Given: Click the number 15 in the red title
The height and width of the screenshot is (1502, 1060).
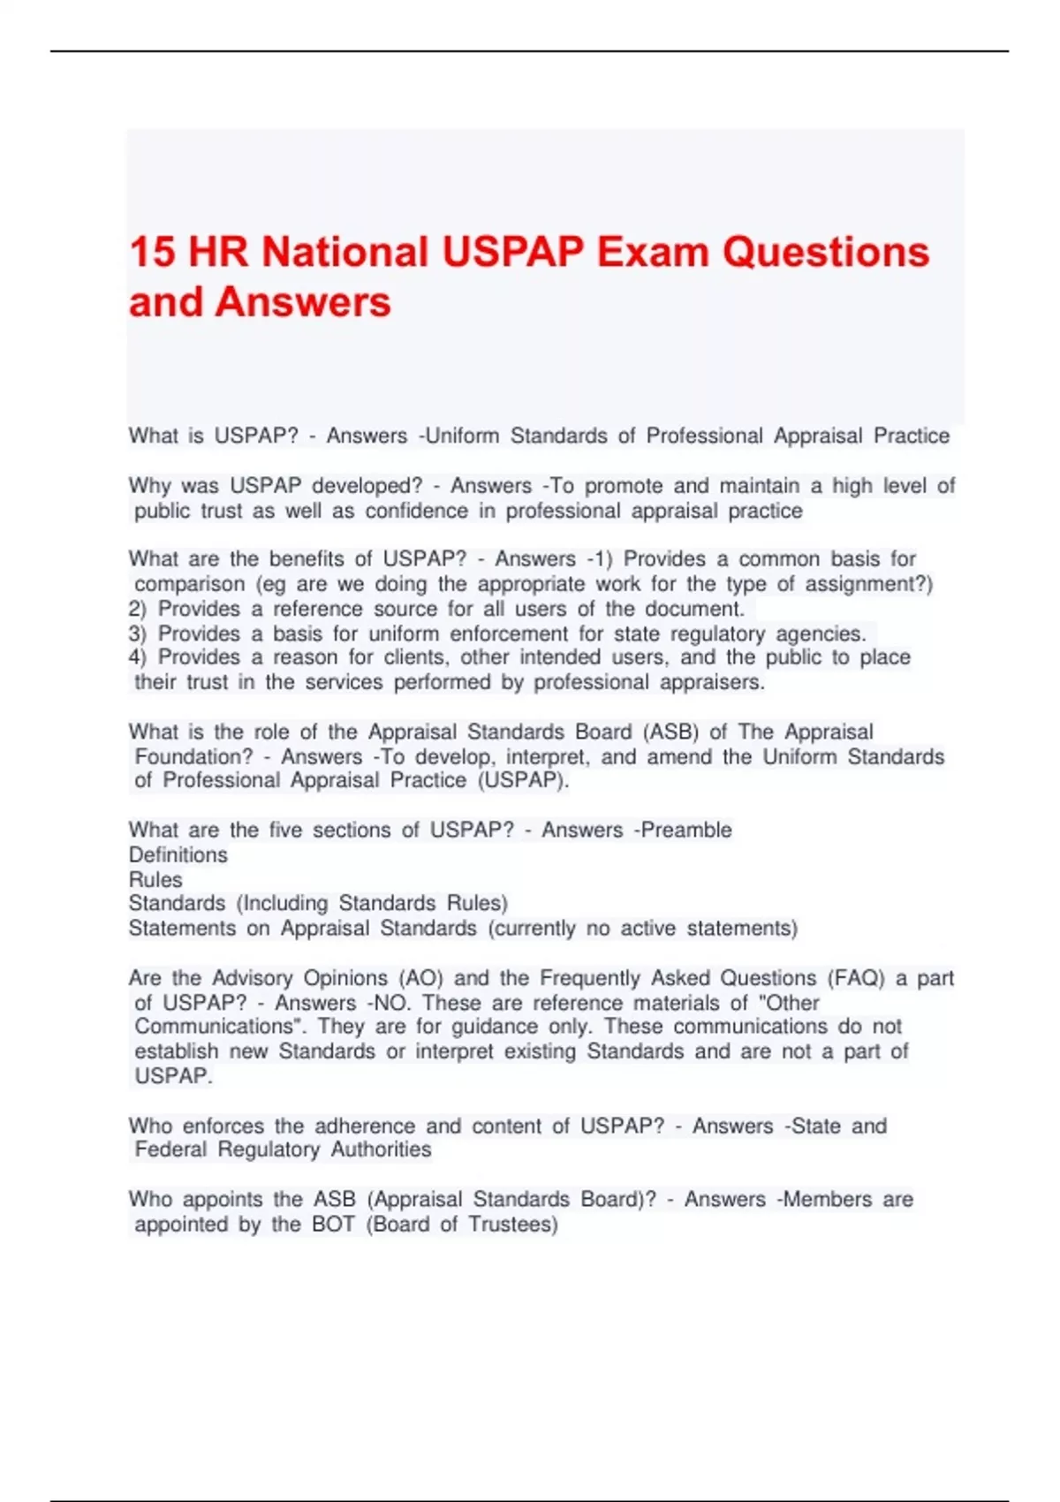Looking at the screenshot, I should [152, 252].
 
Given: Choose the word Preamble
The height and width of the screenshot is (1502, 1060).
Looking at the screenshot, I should [686, 830].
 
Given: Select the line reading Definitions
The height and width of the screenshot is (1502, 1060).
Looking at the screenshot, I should [178, 854].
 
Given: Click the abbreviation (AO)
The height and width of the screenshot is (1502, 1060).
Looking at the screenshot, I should [421, 978].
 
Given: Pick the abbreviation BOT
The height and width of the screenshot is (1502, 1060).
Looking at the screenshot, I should [333, 1224].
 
